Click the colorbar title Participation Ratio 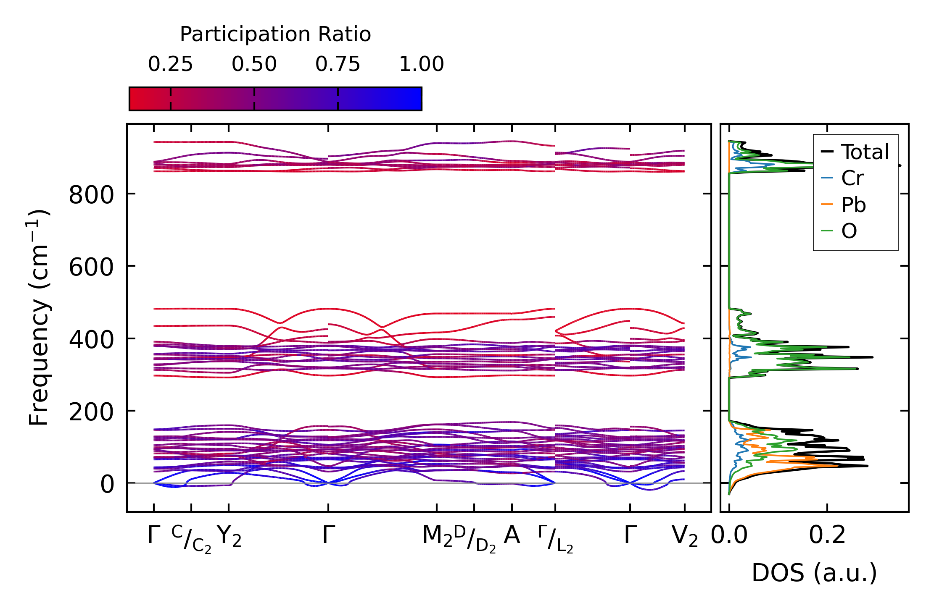(x=275, y=34)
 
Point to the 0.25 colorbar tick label (x=170, y=64)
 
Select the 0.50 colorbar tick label (x=254, y=64)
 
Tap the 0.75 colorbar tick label (x=338, y=64)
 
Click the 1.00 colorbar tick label (x=421, y=64)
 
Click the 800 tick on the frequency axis (x=91, y=195)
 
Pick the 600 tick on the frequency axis (x=91, y=267)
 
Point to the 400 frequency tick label (x=91, y=340)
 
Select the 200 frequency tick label (x=91, y=412)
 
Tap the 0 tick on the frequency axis (x=107, y=484)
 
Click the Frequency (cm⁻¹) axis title (x=39, y=317)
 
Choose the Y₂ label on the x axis (x=229, y=536)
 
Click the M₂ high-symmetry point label (x=437, y=536)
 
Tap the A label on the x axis (x=512, y=535)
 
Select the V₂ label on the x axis (x=685, y=536)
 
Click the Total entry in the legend (x=865, y=152)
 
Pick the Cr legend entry (x=852, y=178)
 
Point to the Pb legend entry (x=853, y=205)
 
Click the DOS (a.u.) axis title (x=814, y=573)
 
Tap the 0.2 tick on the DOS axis (x=827, y=535)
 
